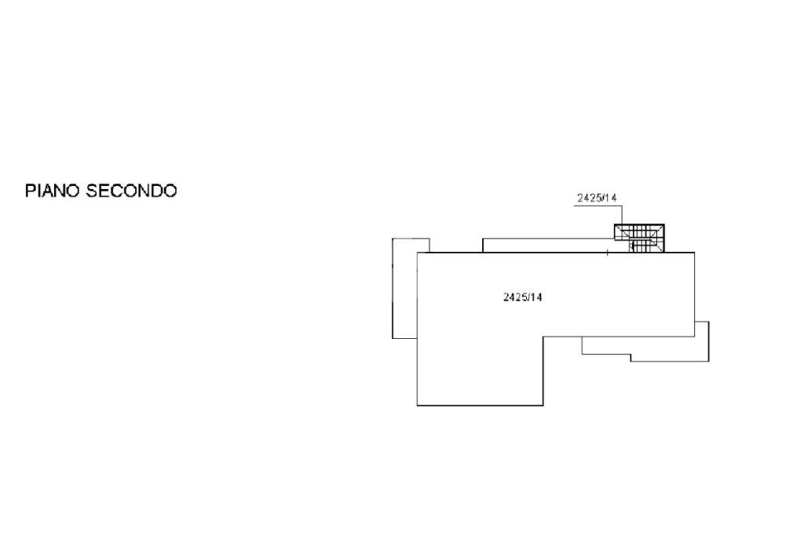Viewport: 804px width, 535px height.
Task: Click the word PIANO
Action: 53,191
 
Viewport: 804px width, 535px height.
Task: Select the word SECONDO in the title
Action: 131,191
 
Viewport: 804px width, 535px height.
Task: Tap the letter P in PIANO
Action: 31,191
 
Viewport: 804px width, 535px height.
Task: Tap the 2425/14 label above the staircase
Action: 597,198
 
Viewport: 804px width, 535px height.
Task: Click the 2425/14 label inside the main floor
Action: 522,297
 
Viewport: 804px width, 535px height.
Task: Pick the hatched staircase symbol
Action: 639,238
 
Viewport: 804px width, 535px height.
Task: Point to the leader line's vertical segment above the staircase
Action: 623,215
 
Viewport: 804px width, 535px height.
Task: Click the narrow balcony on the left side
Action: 404,289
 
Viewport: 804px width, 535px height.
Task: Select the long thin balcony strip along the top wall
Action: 549,246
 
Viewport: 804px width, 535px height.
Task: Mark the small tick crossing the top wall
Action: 608,252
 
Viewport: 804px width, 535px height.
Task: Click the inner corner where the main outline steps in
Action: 543,337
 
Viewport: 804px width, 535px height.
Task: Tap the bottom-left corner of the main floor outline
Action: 418,406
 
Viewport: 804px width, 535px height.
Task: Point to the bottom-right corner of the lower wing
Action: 543,406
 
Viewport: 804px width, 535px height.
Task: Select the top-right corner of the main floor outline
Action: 695,253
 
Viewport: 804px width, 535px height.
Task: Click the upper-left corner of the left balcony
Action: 393,238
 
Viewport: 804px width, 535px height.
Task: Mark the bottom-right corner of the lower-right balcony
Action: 709,362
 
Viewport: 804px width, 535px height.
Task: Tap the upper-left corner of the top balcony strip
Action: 483,238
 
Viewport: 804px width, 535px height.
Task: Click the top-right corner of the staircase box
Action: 664,224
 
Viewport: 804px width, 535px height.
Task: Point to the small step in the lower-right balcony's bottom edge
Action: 630,358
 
